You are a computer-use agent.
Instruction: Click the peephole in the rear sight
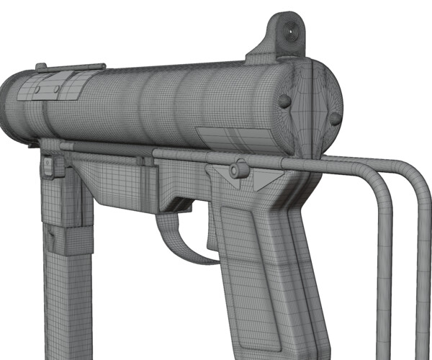292,31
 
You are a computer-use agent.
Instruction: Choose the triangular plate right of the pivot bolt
268,177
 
